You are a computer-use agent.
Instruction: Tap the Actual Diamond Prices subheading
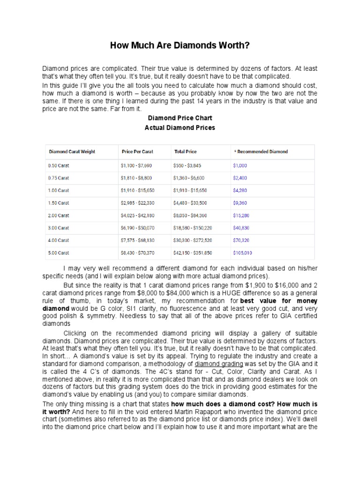[180, 127]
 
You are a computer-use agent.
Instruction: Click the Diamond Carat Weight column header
[72, 152]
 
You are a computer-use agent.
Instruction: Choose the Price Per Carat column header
[137, 152]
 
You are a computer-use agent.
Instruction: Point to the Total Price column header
[186, 152]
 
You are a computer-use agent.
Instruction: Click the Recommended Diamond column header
[261, 152]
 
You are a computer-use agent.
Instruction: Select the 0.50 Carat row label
[59, 165]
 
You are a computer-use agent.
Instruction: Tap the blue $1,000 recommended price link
[240, 165]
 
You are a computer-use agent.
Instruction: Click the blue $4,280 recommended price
[240, 190]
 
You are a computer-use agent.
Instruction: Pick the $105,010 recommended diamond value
[242, 252]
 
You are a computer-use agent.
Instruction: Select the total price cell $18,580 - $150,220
[193, 228]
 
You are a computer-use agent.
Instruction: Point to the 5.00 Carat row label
[59, 252]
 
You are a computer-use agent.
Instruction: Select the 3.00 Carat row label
[59, 228]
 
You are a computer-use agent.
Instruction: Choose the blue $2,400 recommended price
[240, 178]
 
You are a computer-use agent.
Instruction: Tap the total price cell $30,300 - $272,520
[193, 240]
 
